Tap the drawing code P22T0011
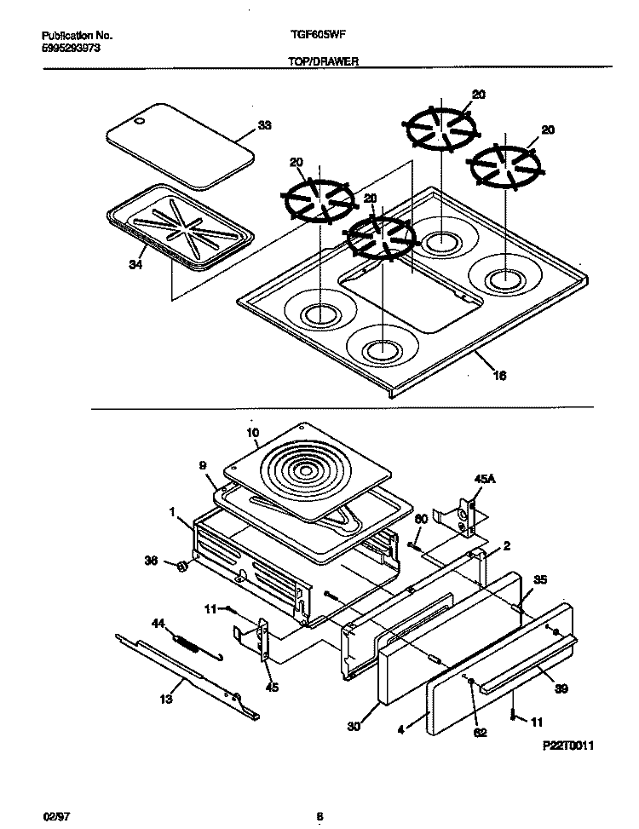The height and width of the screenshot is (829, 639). click(567, 746)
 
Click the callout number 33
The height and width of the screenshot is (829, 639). click(265, 126)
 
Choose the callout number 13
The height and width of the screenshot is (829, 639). click(165, 699)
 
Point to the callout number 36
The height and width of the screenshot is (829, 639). click(151, 561)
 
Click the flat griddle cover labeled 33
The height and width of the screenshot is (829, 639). click(181, 145)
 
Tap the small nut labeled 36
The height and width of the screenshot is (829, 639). click(181, 568)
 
